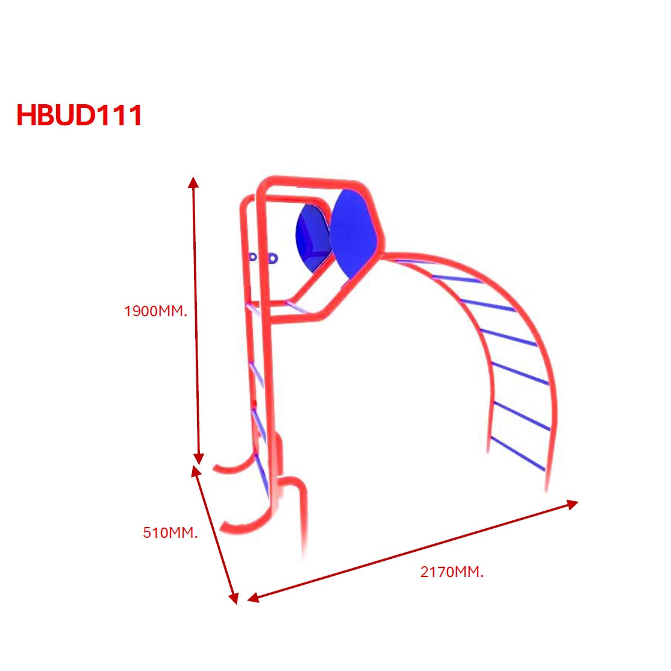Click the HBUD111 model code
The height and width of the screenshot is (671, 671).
(79, 115)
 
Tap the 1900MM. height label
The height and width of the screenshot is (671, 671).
(156, 311)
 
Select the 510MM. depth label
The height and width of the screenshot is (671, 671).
(170, 532)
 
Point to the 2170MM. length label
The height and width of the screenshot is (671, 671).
(452, 572)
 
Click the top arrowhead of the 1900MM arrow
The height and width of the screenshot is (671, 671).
(193, 182)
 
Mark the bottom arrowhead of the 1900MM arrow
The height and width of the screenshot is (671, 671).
(199, 459)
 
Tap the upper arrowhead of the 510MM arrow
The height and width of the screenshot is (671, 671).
(196, 470)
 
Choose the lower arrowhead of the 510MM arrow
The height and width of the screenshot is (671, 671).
(234, 598)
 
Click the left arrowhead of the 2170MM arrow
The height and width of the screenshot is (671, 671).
(252, 598)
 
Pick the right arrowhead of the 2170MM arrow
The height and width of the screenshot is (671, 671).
(573, 503)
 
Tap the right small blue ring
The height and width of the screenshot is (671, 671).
(273, 258)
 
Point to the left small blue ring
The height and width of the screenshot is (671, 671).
(253, 257)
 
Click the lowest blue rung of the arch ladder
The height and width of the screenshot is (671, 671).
(517, 454)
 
